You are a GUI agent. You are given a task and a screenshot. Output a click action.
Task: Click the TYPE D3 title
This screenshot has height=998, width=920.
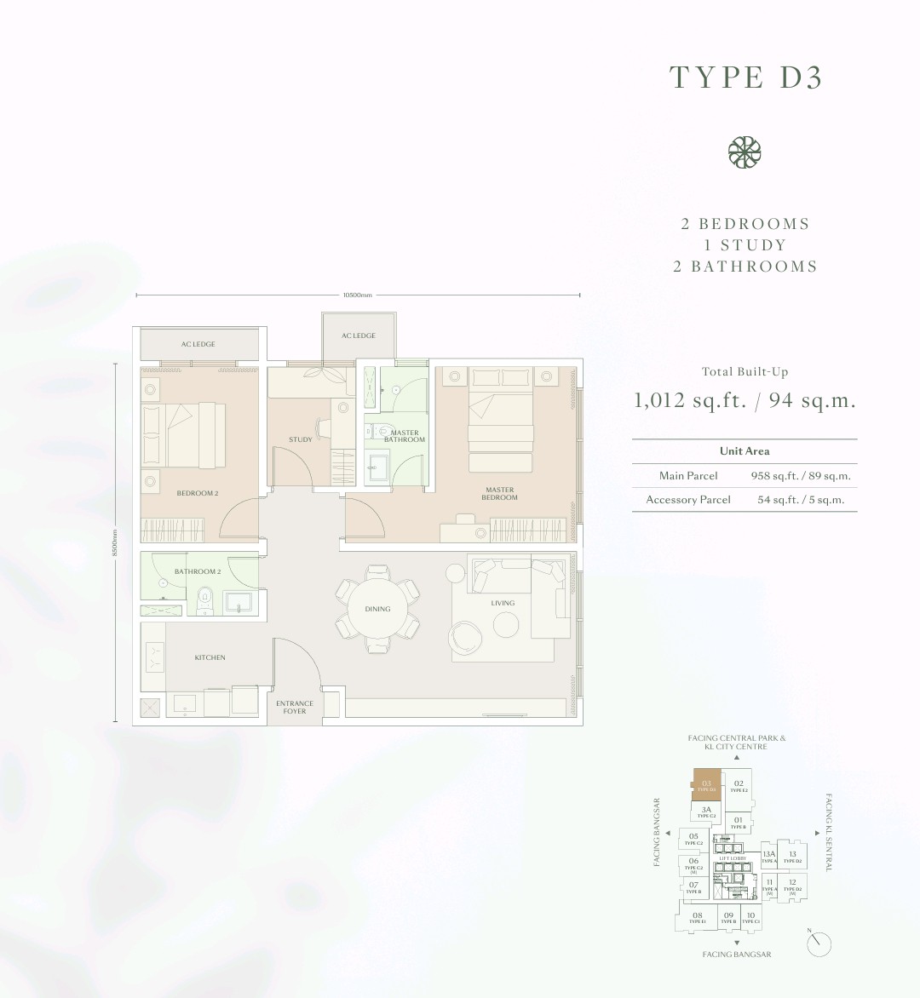[x=745, y=77]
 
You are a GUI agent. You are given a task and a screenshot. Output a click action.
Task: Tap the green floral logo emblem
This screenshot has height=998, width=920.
[x=744, y=152]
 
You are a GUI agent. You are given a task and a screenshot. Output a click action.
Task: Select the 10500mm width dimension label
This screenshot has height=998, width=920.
[x=358, y=295]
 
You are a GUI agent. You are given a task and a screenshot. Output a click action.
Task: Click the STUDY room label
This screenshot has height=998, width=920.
[x=300, y=439]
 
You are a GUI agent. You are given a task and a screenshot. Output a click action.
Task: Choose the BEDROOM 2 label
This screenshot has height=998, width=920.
[x=198, y=493]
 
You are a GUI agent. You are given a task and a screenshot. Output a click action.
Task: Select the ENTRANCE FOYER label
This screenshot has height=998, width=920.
[x=295, y=707]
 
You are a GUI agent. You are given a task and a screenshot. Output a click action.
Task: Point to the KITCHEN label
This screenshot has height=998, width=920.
[x=210, y=657]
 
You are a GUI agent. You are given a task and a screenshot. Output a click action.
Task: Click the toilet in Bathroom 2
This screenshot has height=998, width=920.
[x=204, y=599]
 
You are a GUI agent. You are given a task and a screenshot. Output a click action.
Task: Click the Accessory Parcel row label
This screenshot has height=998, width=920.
[x=688, y=500]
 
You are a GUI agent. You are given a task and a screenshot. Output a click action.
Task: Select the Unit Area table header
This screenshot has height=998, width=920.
[x=744, y=451]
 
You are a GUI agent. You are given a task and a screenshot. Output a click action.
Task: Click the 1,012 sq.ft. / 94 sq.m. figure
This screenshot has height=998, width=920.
[x=744, y=400]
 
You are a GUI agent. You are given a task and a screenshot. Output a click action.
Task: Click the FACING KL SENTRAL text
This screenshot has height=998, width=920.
[x=829, y=832]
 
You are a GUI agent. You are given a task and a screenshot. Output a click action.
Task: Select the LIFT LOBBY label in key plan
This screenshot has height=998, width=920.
[x=733, y=859]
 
